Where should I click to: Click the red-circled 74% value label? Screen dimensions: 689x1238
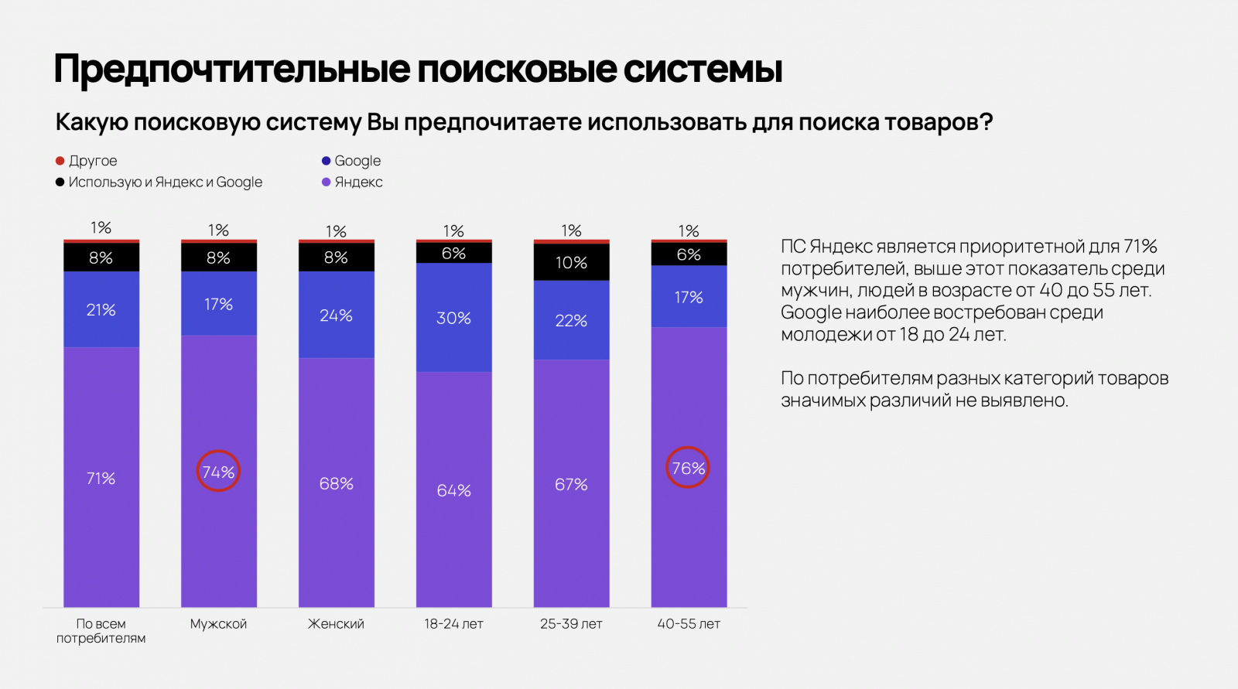pos(218,471)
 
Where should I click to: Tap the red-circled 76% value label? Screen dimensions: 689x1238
pos(688,468)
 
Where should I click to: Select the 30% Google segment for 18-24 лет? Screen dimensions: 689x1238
pos(453,318)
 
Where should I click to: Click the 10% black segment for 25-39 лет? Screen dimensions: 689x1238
pos(571,262)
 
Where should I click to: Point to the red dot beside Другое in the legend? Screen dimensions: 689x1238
pos(60,161)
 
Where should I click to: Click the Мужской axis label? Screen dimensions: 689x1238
pos(218,624)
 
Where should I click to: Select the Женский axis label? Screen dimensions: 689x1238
pos(336,624)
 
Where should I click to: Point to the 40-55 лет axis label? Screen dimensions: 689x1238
pos(689,624)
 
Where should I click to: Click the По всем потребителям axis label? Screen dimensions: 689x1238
pos(101,631)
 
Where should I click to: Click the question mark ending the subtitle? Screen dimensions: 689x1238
pos(986,122)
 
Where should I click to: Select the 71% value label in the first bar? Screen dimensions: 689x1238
pos(101,479)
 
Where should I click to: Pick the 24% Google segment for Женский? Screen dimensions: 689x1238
pos(336,316)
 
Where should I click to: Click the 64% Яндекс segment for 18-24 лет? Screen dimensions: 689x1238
pos(453,490)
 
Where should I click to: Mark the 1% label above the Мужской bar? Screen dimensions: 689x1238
pos(218,230)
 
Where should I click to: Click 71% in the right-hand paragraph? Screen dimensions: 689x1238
pos(1140,247)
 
